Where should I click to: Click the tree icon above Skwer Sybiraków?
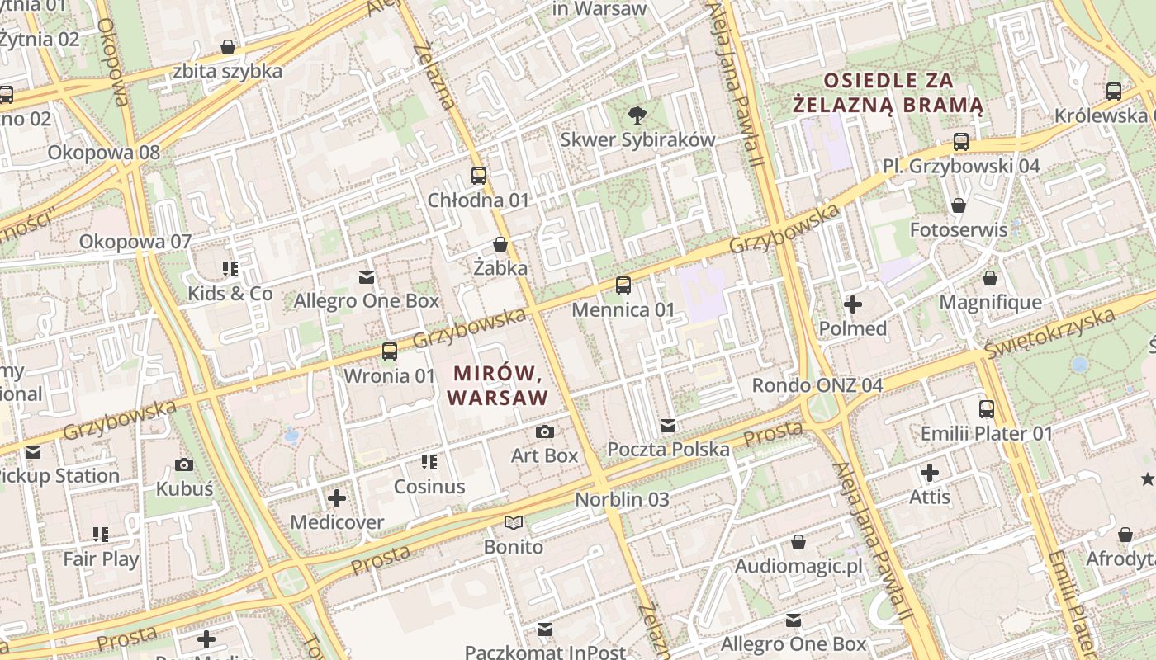637,115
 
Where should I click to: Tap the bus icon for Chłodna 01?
479,175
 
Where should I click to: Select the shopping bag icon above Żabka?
500,243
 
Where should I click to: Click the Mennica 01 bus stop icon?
623,285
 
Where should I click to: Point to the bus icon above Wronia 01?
389,351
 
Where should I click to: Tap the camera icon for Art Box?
544,431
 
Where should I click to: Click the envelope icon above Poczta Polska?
668,426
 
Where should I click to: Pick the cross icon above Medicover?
337,498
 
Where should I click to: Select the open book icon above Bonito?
514,523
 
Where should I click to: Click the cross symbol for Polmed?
853,304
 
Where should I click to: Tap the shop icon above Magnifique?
990,278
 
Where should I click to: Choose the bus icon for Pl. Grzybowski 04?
961,142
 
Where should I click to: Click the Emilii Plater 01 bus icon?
986,409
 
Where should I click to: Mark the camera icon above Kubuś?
184,464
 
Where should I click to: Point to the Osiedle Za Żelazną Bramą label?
888,93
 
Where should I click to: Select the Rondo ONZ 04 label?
817,385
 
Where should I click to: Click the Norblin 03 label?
622,499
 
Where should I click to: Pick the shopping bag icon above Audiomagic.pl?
798,542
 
